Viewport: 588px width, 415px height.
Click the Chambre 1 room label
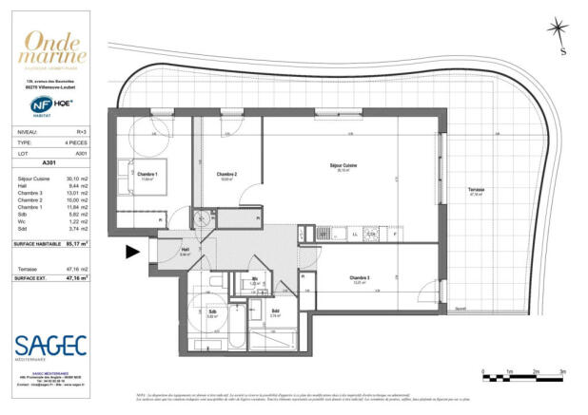[147, 175]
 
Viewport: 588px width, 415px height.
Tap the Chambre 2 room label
[226, 175]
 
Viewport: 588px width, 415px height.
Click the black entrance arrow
[133, 252]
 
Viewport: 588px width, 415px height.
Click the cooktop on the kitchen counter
[372, 233]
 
